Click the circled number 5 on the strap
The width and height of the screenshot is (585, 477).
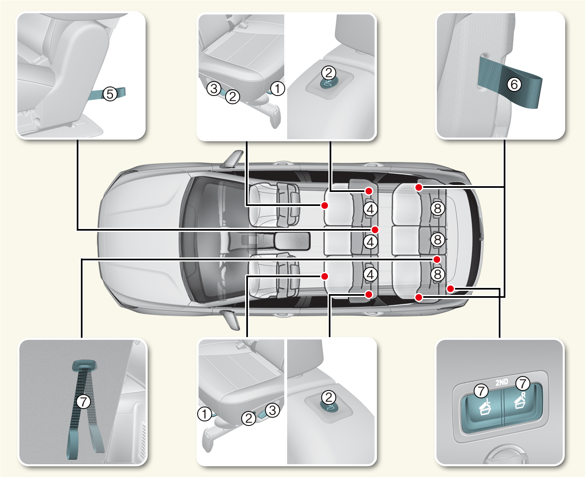(110, 94)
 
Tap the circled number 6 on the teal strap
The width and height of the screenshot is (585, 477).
(514, 84)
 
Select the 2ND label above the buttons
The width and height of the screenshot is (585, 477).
(502, 382)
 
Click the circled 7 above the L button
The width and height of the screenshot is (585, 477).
(481, 390)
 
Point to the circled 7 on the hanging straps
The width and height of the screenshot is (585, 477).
(83, 401)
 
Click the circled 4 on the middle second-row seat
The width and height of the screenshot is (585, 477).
(370, 242)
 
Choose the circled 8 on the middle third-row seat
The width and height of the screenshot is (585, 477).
(438, 239)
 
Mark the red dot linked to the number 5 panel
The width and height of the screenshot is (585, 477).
(375, 229)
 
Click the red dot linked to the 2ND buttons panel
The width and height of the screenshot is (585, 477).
(451, 289)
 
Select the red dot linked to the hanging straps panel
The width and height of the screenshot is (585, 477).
(437, 259)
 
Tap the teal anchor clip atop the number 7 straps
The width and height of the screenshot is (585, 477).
(84, 365)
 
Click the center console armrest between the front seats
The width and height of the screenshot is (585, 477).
(292, 241)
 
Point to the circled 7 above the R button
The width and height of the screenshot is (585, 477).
(523, 383)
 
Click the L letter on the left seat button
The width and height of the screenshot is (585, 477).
(488, 400)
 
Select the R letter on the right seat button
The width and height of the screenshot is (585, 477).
(524, 395)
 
